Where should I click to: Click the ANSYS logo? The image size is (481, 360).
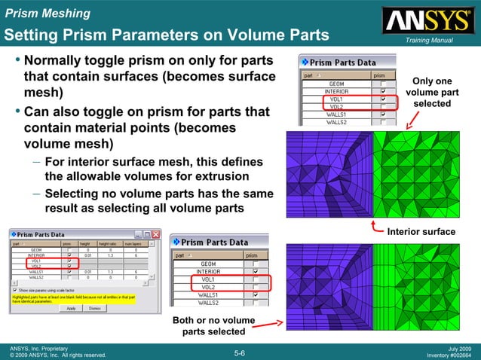pyautogui.click(x=427, y=20)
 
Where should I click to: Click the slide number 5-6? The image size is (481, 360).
pyautogui.click(x=240, y=352)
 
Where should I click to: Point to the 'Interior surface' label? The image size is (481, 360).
pyautogui.click(x=421, y=231)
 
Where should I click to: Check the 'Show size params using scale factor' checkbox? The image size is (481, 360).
pyautogui.click(x=16, y=289)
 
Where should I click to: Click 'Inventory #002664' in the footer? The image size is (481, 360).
pyautogui.click(x=449, y=355)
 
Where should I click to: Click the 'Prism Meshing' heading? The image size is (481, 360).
pyautogui.click(x=47, y=14)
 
